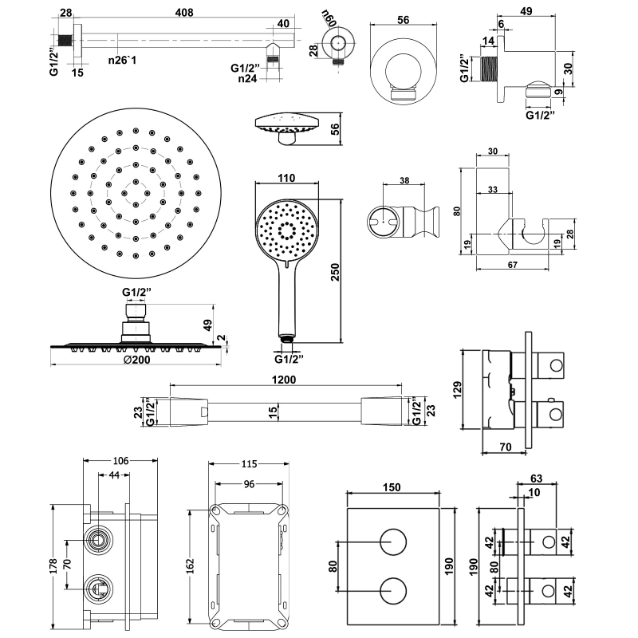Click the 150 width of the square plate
pos(391,487)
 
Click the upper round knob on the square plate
pos(392,542)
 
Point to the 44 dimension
pos(115,475)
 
